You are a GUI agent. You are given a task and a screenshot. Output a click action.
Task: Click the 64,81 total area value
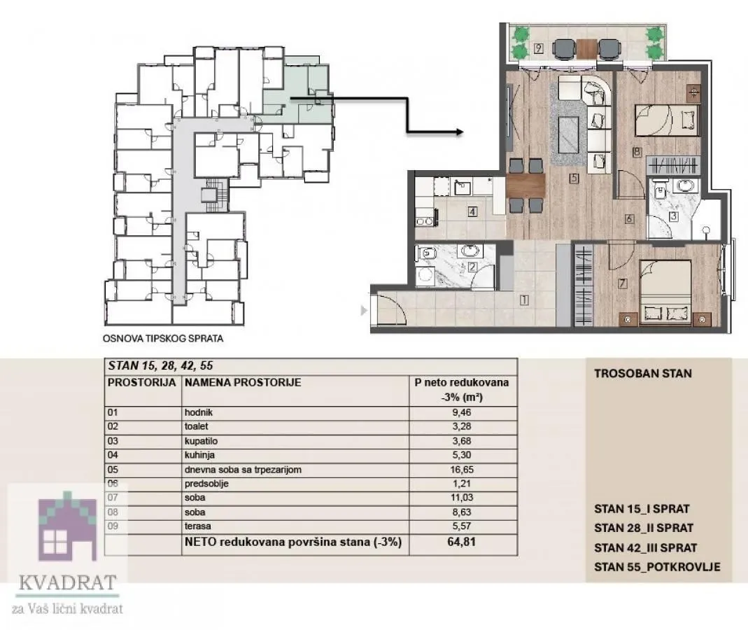462,541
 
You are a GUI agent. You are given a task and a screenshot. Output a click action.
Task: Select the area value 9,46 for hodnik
462,412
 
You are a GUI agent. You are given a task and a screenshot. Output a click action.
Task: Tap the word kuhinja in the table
196,455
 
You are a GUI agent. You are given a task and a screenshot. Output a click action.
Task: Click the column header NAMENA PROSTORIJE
242,383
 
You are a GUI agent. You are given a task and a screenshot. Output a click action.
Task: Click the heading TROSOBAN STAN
642,373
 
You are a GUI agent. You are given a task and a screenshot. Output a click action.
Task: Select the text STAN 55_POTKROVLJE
656,567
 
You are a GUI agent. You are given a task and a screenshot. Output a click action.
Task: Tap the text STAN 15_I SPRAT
642,509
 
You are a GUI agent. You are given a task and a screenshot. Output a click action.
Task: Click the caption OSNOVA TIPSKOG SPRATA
162,339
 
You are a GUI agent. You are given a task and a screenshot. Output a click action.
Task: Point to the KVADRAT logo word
67,582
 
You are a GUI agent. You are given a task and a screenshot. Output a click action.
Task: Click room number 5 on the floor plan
573,178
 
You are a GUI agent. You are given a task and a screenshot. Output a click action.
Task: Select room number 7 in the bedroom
622,283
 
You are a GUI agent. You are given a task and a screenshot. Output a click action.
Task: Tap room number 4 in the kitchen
473,212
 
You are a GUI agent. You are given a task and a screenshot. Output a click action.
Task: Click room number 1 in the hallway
523,301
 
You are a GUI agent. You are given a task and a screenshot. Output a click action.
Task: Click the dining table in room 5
525,185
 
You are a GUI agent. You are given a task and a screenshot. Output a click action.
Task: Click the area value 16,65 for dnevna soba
462,470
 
